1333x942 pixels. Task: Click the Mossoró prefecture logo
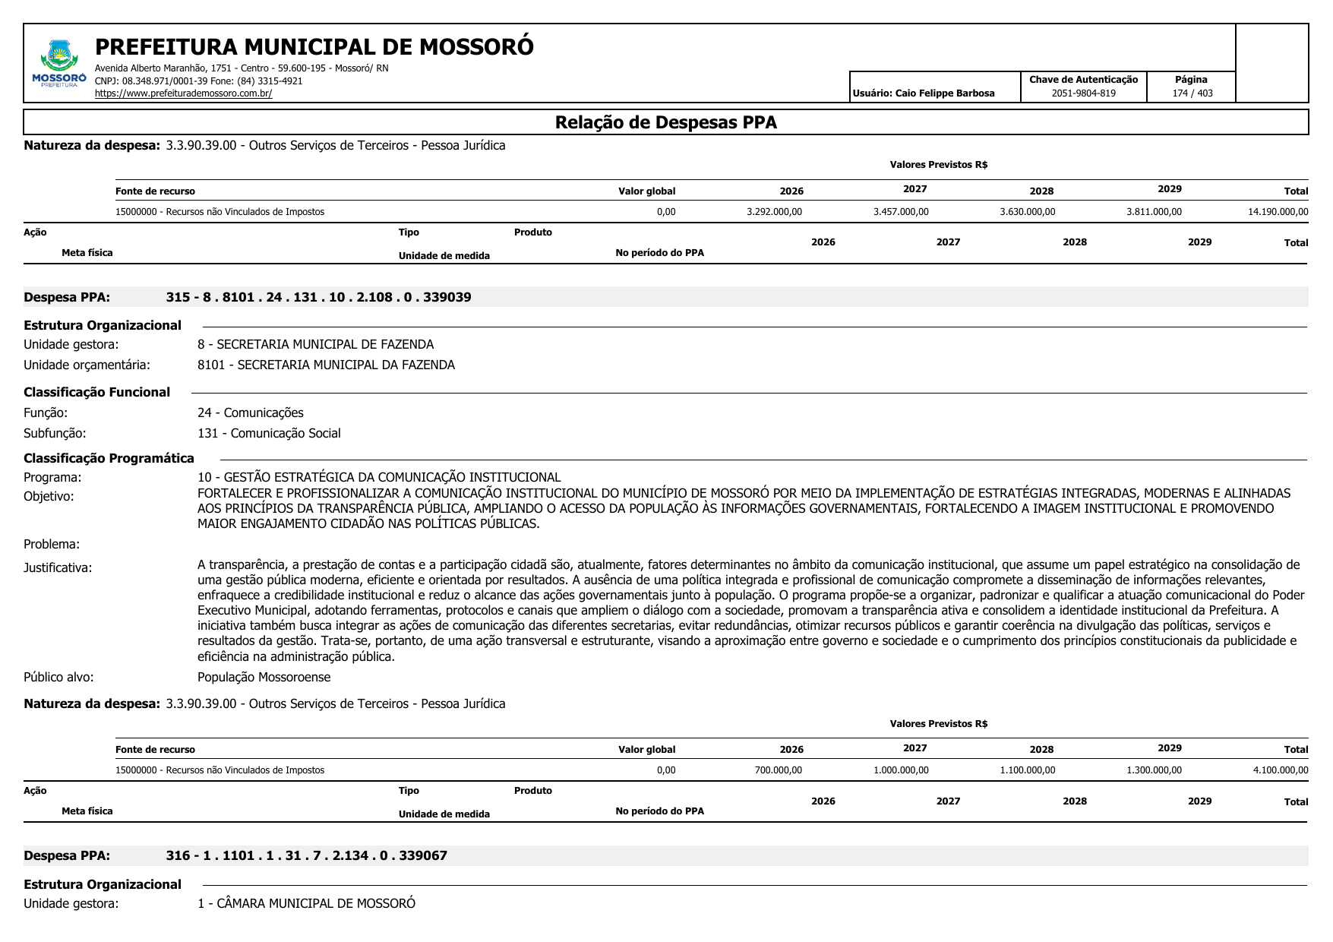[59, 63]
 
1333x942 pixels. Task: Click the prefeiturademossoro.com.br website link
[183, 93]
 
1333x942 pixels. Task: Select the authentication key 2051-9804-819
[1083, 93]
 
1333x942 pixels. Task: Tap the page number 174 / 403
[1192, 93]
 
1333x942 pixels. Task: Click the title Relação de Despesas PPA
[665, 122]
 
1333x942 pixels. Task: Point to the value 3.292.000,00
[774, 212]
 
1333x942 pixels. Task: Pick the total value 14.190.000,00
[1278, 212]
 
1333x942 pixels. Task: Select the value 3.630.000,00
[1027, 212]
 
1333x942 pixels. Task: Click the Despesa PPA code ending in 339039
[318, 297]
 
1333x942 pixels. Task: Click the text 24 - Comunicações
[250, 413]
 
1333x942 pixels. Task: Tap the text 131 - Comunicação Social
[269, 433]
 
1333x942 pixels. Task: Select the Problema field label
[52, 544]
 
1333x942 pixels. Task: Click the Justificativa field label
[58, 567]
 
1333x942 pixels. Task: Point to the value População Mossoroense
[264, 677]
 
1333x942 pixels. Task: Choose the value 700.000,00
[778, 770]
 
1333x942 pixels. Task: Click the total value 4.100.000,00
[1280, 770]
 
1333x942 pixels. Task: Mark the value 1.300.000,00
[1154, 770]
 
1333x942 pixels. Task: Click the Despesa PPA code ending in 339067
[306, 855]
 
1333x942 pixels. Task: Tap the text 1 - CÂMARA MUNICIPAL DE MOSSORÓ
[306, 903]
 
